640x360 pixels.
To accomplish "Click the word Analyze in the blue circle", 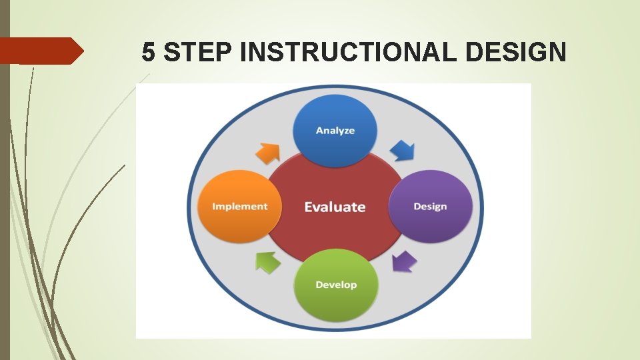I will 335,131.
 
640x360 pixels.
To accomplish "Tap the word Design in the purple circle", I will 430,207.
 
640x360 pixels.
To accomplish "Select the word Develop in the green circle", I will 336,285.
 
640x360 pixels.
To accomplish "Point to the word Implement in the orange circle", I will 239,207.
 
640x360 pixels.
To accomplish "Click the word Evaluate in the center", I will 335,207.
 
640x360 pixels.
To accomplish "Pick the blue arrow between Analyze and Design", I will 401,150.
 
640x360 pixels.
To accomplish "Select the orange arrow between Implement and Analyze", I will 268,153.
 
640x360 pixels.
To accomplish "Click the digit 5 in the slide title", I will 149,51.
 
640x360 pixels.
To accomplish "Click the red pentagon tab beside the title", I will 40,51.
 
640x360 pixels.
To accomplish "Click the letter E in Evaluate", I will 309,207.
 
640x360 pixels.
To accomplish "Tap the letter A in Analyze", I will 319,131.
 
